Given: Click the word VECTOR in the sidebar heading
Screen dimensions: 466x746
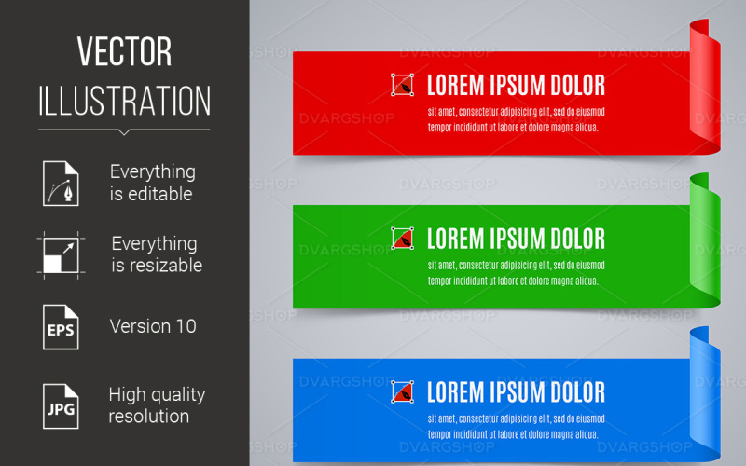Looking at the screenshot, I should [124, 52].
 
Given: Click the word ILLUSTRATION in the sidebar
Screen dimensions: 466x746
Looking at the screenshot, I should [124, 100].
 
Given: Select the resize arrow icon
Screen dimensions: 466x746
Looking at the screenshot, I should [61, 254].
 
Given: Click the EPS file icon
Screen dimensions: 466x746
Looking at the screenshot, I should [61, 327].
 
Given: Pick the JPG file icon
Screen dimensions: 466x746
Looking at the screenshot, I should [61, 404].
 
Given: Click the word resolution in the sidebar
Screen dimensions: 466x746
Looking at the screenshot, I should [149, 416].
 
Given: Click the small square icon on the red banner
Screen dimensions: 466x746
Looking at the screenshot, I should [403, 86].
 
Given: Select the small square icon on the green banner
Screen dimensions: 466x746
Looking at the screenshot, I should [403, 239].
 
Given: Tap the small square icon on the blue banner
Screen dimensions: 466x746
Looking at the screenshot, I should [403, 392].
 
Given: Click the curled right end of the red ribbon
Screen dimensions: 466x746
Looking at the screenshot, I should [706, 89].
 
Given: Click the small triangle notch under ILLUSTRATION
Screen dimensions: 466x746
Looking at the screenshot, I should [124, 131].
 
